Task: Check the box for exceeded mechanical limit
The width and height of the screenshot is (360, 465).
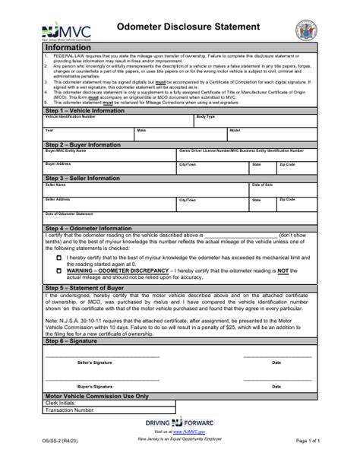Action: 59,258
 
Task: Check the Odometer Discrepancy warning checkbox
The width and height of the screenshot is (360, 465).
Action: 59,270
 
